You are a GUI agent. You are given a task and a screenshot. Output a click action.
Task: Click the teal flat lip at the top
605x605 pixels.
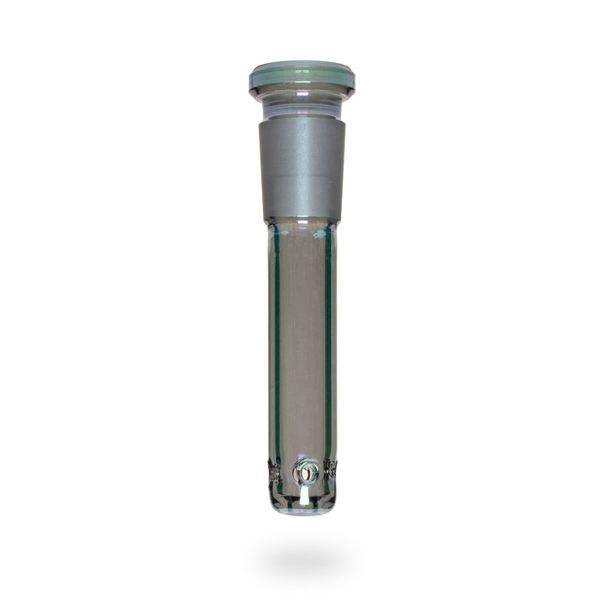(x=302, y=78)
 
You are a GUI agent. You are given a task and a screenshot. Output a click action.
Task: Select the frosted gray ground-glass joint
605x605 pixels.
(x=302, y=168)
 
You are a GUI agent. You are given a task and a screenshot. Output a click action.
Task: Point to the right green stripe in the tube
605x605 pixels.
(x=329, y=336)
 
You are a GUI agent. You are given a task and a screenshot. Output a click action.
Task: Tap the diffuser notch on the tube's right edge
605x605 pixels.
(x=333, y=471)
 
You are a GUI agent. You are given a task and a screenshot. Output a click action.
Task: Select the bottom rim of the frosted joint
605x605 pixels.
(x=302, y=220)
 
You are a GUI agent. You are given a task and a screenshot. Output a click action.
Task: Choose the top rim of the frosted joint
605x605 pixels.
(x=302, y=118)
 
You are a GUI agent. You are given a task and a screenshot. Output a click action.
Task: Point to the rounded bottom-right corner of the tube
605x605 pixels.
(x=331, y=502)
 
